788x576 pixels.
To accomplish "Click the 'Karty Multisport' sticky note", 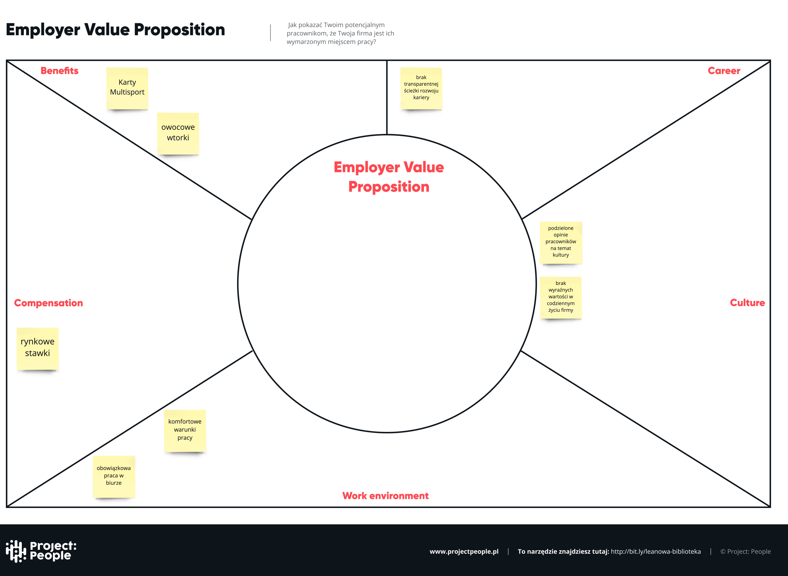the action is pos(127,88).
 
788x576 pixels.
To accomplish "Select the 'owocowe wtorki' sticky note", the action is pos(178,133).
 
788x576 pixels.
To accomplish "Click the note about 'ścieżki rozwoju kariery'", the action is pos(421,88).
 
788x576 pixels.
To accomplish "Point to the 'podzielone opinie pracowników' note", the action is pos(561,243).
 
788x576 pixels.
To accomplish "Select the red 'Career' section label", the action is pos(724,71).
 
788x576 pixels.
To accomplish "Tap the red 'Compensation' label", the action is pos(49,303).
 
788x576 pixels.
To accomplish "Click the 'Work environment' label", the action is pos(385,496).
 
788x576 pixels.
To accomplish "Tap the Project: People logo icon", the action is pos(16,551).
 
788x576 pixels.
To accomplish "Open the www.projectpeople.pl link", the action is pos(464,552).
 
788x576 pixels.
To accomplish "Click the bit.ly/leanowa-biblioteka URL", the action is pos(656,552).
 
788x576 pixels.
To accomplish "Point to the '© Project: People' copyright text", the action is pos(745,552).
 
